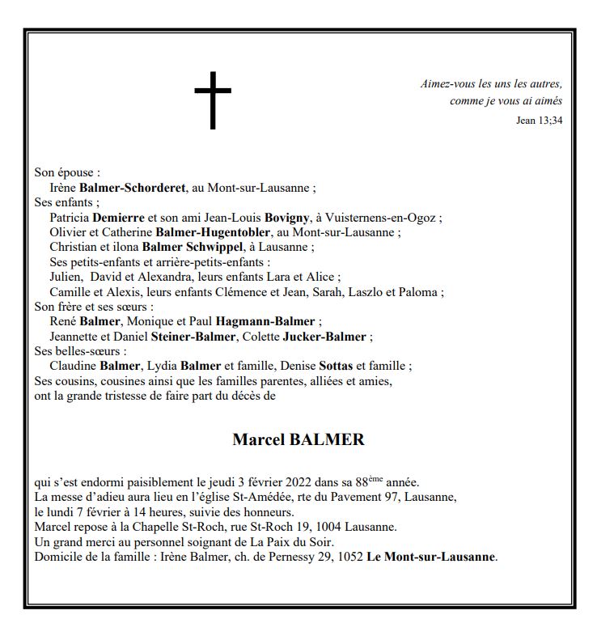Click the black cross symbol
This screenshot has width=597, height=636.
213,100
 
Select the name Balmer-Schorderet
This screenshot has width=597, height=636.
133,188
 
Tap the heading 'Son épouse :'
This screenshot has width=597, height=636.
67,173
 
